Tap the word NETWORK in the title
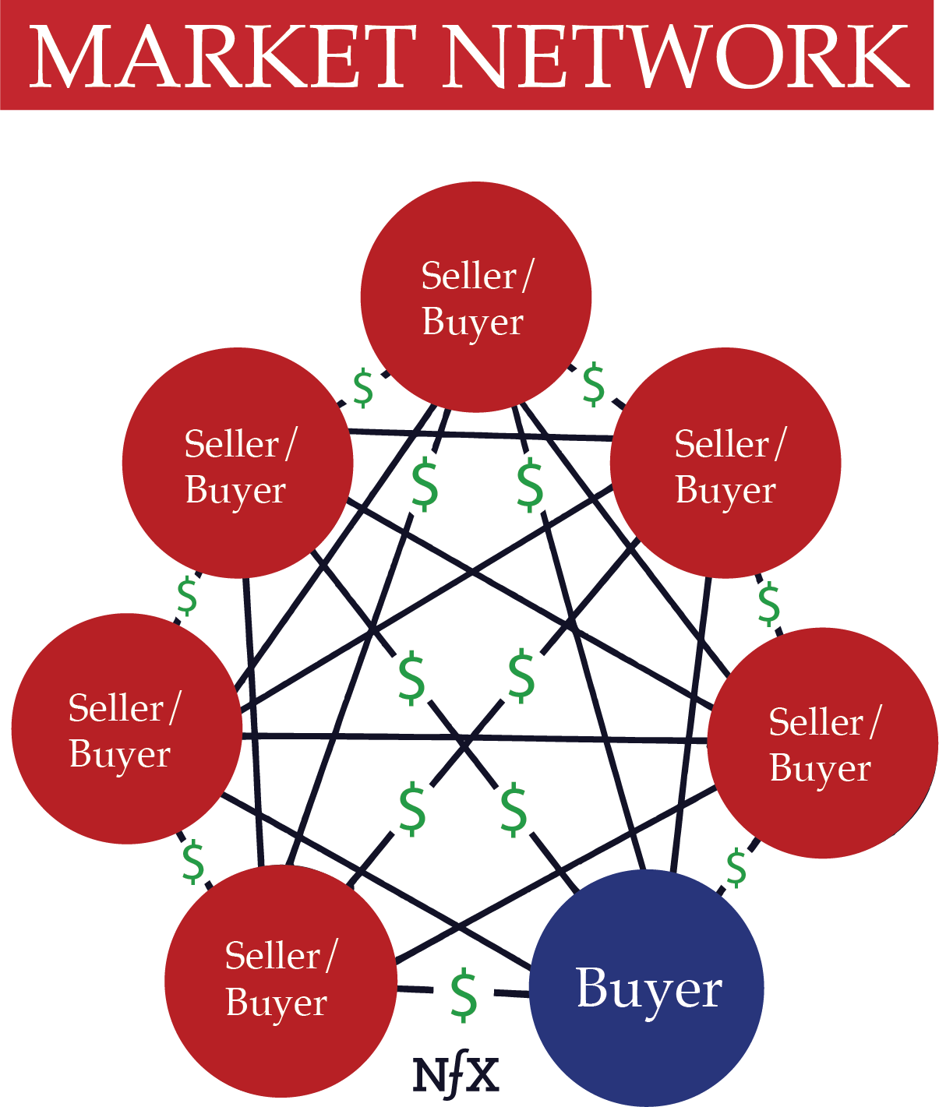point(677,56)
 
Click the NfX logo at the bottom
point(456,1076)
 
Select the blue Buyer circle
point(647,988)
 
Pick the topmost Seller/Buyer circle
point(475,297)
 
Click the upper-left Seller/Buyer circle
point(238,463)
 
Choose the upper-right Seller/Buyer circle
point(725,463)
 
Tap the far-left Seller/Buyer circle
point(126,728)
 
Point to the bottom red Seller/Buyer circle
point(281,981)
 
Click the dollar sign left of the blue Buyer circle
point(464,995)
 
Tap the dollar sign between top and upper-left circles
point(364,390)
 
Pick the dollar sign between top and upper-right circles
point(594,385)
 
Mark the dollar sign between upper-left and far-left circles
point(188,598)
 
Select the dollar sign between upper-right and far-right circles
point(769,605)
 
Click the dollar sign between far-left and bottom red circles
point(192,862)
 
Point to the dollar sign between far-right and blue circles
point(736,869)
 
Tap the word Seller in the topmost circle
point(469,276)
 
